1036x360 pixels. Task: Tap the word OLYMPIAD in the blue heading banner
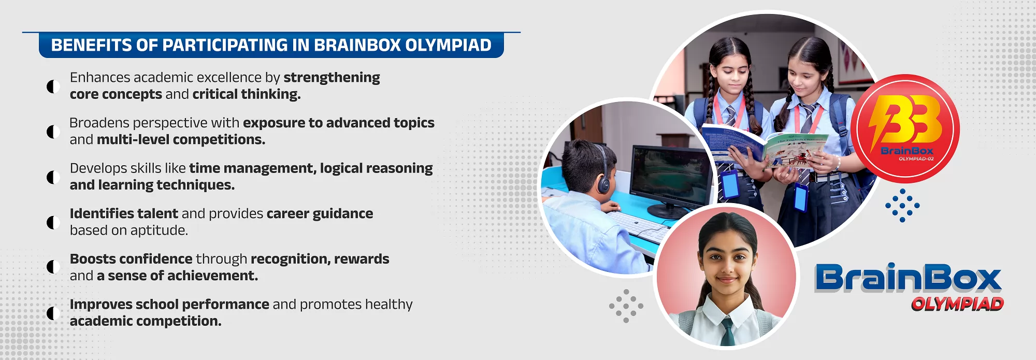[448, 45]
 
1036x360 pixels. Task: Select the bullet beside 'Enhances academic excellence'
[53, 86]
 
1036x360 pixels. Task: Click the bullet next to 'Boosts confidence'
[53, 267]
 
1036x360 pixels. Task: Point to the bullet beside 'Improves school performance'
[53, 313]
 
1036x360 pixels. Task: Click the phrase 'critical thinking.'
[247, 94]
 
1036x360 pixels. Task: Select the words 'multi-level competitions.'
[181, 140]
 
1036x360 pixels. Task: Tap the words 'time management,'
[253, 168]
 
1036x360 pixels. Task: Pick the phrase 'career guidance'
[320, 214]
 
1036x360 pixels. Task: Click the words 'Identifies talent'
[124, 213]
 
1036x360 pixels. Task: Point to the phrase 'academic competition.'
[146, 321]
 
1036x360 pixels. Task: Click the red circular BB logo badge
[905, 128]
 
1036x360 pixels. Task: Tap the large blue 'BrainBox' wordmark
[908, 278]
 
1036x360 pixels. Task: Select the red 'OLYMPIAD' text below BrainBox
[957, 304]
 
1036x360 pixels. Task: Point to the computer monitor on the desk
[671, 179]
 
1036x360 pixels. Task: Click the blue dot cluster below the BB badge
[902, 206]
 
